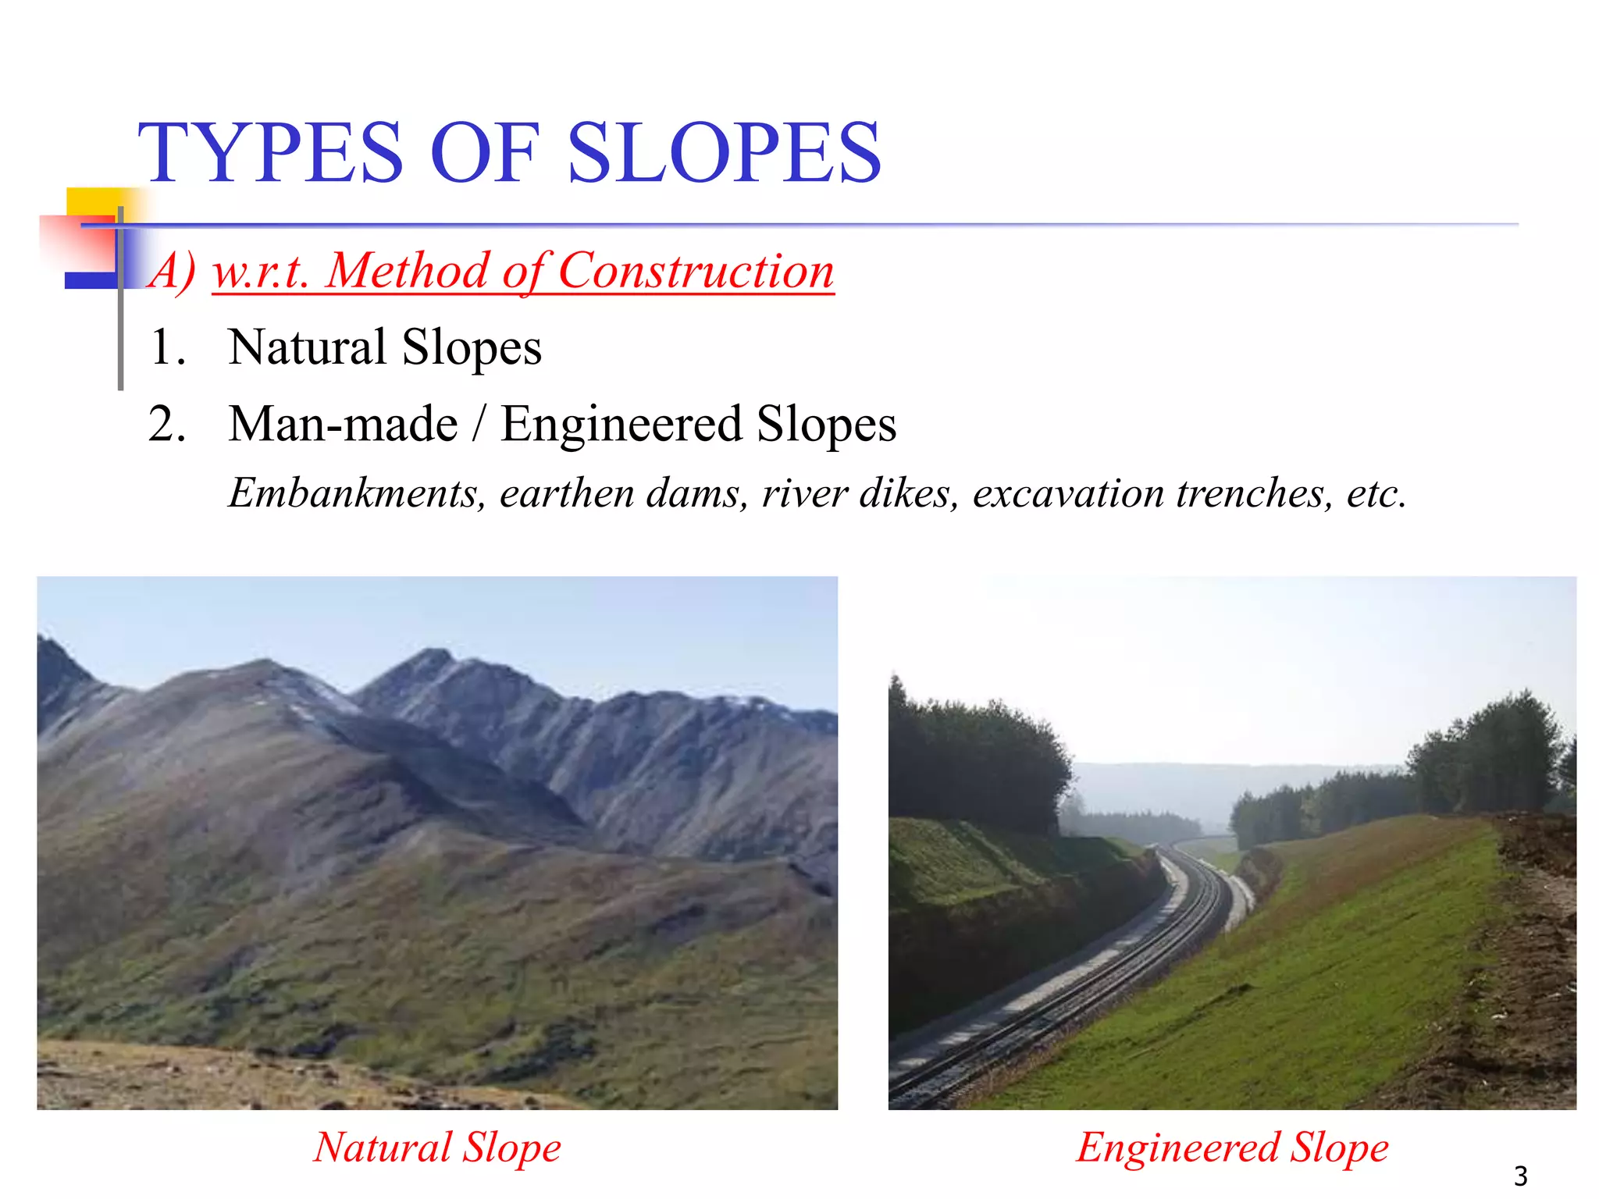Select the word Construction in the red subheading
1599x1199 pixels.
(696, 272)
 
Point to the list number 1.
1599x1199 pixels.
(166, 347)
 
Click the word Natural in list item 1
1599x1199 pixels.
(308, 347)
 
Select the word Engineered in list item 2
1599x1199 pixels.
(621, 425)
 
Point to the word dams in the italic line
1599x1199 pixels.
(697, 493)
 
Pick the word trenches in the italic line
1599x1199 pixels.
(1255, 493)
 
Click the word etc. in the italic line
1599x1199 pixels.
(1376, 493)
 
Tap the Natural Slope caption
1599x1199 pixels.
(437, 1147)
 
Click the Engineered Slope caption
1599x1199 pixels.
(1232, 1147)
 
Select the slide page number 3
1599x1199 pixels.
(1520, 1176)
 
